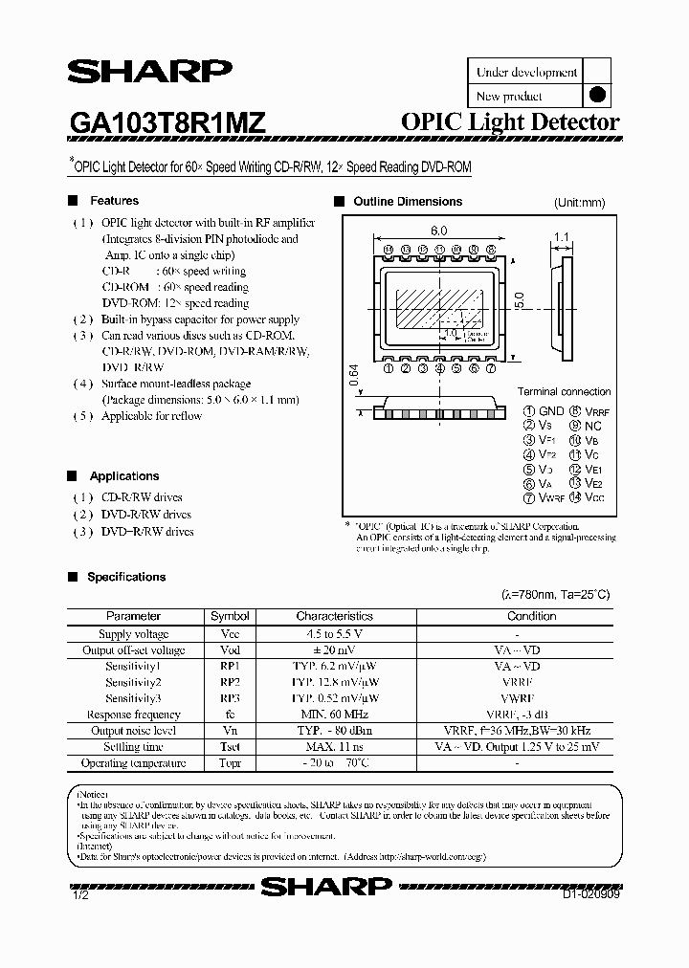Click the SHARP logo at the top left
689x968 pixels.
[149, 74]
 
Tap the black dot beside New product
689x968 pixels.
[596, 95]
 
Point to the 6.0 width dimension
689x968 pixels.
[439, 231]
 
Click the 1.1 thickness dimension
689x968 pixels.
[561, 236]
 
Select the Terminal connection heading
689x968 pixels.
[564, 391]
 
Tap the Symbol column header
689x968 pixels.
[230, 616]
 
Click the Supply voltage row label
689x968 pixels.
[134, 634]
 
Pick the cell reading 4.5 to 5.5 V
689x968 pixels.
[334, 634]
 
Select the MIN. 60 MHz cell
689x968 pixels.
[334, 715]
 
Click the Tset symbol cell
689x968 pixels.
[230, 747]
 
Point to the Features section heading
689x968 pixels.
[114, 201]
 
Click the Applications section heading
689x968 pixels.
[124, 476]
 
